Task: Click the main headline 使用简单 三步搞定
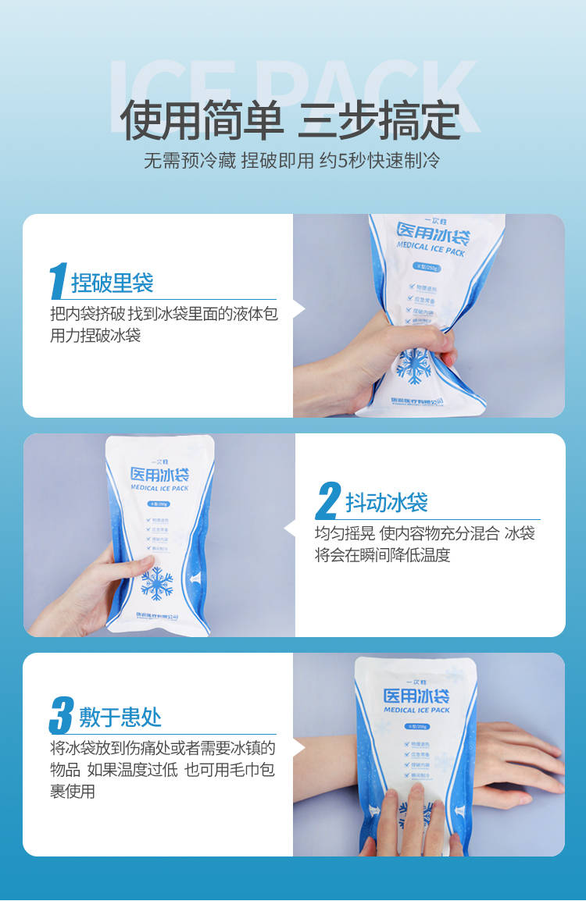point(290,119)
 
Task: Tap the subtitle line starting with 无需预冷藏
point(291,162)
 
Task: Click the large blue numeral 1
point(58,281)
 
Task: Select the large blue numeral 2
point(328,501)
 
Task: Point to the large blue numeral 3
point(61,716)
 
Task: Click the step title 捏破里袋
point(112,283)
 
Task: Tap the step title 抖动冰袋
point(386,503)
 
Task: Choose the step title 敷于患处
point(120,717)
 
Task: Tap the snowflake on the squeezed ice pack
point(414,365)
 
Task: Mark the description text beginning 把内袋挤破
point(163,324)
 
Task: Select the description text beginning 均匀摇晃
point(424,544)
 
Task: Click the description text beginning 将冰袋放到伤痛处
point(163,769)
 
